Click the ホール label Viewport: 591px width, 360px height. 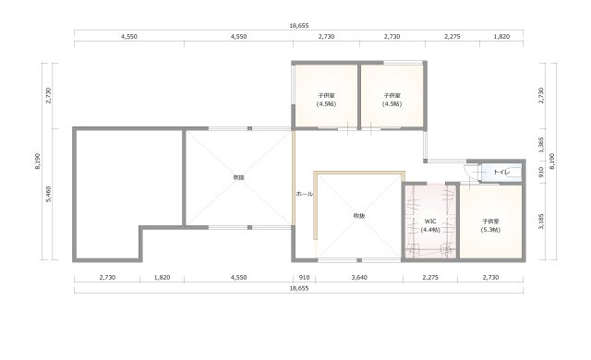(x=305, y=194)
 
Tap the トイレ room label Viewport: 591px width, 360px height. (x=501, y=172)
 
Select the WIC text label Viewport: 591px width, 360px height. (x=430, y=221)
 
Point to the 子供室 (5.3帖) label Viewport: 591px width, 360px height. (x=490, y=225)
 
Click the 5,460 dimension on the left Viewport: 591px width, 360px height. (x=49, y=194)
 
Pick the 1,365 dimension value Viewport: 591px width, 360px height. (x=541, y=145)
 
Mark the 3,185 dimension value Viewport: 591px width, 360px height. (x=541, y=221)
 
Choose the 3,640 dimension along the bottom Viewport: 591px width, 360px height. (x=359, y=278)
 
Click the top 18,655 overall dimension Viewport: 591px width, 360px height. (x=299, y=26)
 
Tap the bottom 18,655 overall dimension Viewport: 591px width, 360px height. (x=299, y=288)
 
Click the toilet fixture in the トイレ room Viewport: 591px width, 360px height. (x=514, y=172)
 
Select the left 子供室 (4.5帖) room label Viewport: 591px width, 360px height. (x=326, y=100)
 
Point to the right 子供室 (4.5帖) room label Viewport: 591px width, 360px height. (x=392, y=100)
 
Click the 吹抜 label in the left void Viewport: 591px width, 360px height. (x=238, y=177)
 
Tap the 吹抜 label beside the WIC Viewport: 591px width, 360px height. (x=359, y=216)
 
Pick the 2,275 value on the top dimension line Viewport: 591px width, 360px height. (x=452, y=37)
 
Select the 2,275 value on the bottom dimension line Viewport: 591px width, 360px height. (x=430, y=278)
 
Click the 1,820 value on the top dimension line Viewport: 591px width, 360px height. (x=501, y=37)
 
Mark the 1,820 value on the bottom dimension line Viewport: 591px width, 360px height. (x=163, y=278)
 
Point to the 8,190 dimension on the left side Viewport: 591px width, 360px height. (x=38, y=162)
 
